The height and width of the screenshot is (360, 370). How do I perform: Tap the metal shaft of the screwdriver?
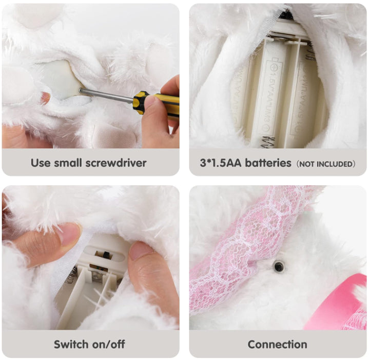(106, 95)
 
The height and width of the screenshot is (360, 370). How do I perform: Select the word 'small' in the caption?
(68, 163)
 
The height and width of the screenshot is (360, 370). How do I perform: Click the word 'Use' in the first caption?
(41, 163)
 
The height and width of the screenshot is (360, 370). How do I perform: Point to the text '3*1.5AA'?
(220, 163)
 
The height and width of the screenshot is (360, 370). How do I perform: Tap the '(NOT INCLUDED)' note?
(326, 164)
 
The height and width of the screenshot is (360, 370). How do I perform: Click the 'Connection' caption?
(277, 345)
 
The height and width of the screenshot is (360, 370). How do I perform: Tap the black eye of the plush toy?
(279, 266)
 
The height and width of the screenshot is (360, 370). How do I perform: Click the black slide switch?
(106, 255)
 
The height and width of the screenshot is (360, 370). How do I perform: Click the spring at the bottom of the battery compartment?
(267, 142)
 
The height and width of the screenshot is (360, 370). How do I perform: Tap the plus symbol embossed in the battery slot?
(275, 67)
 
